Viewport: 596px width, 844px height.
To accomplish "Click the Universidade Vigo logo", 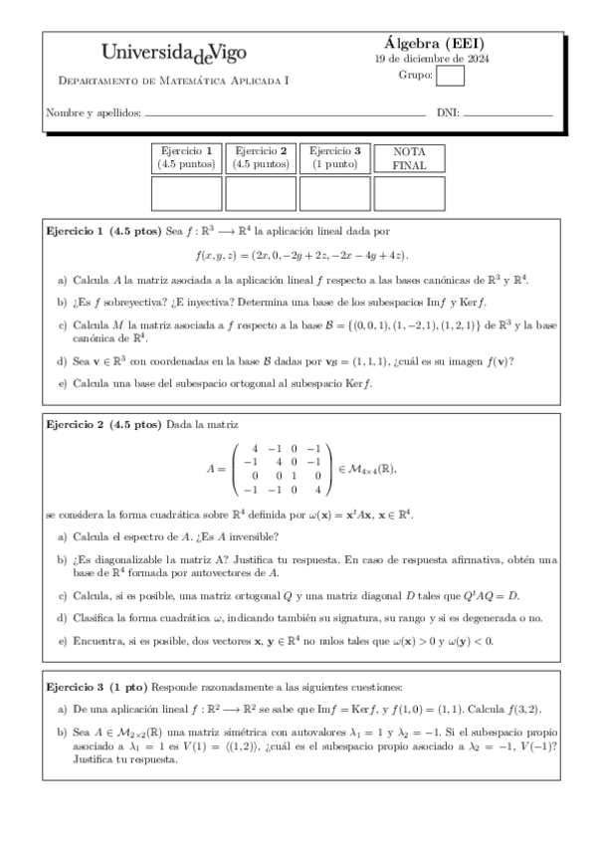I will [x=174, y=52].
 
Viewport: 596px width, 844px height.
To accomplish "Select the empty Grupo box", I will [x=451, y=76].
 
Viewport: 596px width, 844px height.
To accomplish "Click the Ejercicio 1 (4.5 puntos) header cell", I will [x=186, y=157].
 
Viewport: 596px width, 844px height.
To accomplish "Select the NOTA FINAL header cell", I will [x=409, y=158].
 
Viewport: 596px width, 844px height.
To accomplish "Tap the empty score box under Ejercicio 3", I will [x=334, y=193].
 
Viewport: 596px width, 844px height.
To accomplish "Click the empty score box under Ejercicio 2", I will [x=261, y=193].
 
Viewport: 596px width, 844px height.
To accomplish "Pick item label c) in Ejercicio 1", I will [x=64, y=324].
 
